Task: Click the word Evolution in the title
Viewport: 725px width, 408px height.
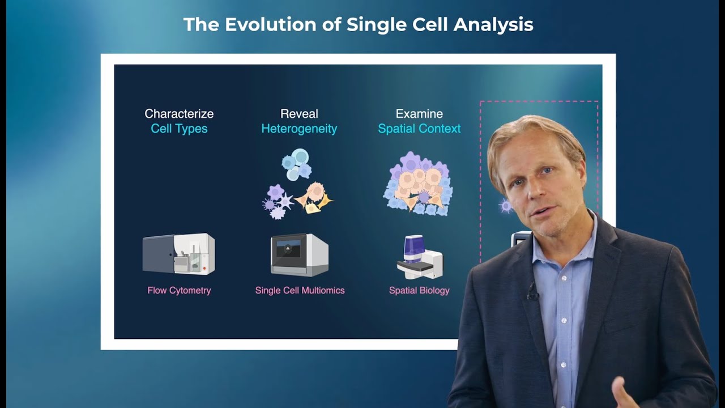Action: click(270, 24)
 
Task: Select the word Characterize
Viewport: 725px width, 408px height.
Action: click(179, 114)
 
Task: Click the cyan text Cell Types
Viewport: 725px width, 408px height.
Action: click(179, 129)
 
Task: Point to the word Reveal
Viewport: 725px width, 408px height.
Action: click(299, 114)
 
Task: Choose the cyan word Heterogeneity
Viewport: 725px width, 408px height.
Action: click(299, 129)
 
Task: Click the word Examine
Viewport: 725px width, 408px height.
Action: click(419, 114)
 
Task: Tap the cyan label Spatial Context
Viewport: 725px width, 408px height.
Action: click(419, 129)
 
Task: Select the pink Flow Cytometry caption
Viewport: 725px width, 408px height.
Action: click(179, 291)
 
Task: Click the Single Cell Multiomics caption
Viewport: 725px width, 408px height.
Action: click(300, 291)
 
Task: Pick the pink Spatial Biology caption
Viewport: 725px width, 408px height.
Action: click(419, 291)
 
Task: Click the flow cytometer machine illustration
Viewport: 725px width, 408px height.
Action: click(178, 254)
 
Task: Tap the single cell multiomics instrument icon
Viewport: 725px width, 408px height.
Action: click(300, 255)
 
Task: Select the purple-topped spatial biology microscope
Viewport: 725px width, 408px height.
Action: click(420, 257)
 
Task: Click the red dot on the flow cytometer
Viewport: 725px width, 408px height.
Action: click(204, 269)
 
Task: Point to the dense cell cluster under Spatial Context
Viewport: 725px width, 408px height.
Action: click(419, 184)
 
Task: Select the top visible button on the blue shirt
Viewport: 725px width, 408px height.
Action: click(564, 278)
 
